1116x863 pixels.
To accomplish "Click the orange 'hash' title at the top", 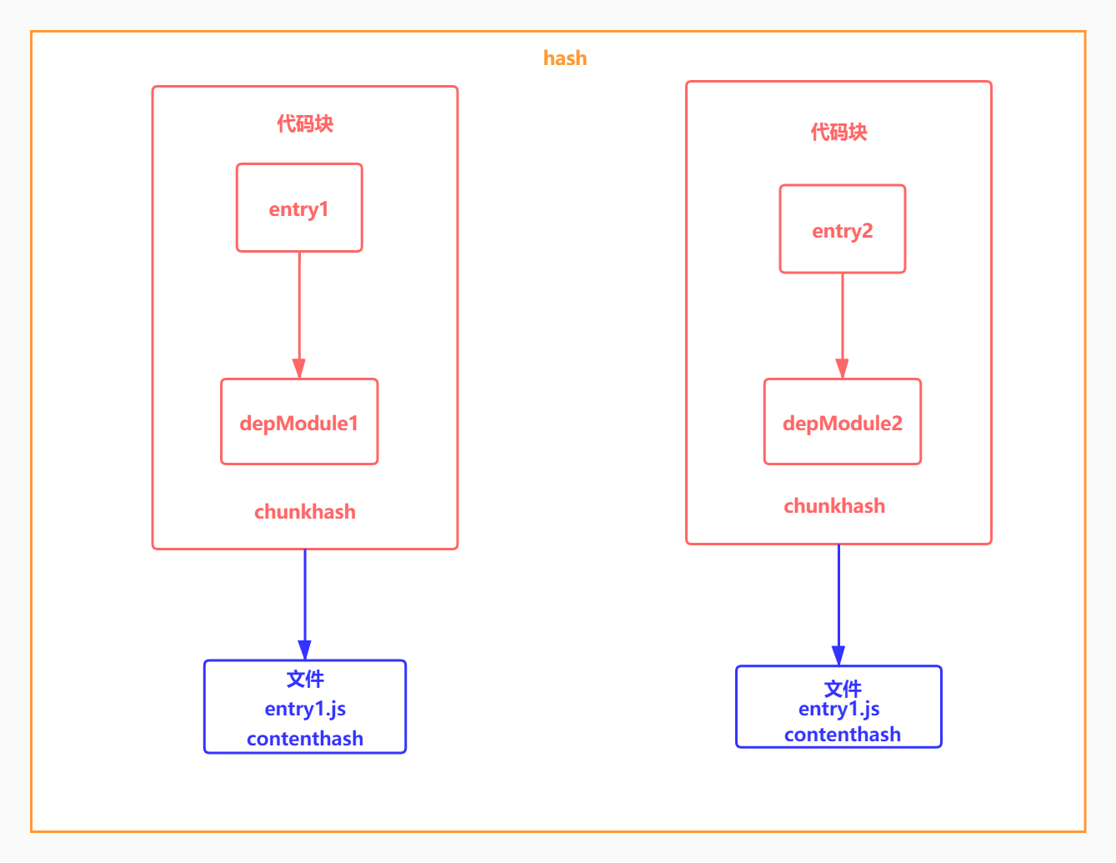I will [564, 58].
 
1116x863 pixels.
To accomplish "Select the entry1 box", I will [299, 208].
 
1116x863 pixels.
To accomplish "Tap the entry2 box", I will [842, 230].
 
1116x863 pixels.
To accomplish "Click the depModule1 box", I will [299, 423].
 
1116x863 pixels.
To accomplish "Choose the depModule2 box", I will [842, 423].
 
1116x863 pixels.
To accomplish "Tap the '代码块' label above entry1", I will [305, 124].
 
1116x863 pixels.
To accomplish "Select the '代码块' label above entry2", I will [838, 132].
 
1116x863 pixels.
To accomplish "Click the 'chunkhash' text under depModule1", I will [305, 512].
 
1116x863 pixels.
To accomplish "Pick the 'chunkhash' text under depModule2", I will [834, 506].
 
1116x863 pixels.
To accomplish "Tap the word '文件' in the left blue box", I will [305, 679].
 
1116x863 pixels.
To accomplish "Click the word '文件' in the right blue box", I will [842, 688].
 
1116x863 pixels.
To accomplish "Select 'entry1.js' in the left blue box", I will [305, 709].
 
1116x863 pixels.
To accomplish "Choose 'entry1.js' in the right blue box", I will [838, 709].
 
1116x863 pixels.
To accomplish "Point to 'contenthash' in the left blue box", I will [305, 739].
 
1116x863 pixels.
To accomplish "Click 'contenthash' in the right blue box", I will [842, 735].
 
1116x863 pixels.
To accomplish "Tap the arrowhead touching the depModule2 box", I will [842, 369].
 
